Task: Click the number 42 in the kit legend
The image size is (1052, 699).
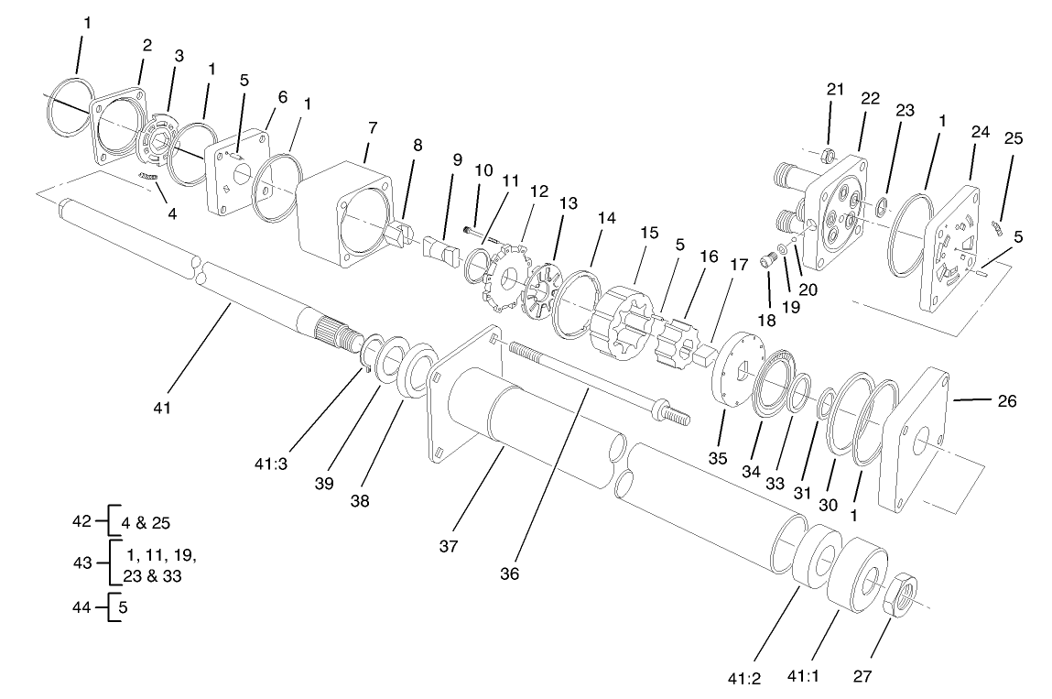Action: pos(81,521)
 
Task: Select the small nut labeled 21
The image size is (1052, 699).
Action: pos(828,154)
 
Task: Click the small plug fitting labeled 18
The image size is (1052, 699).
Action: pos(770,262)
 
